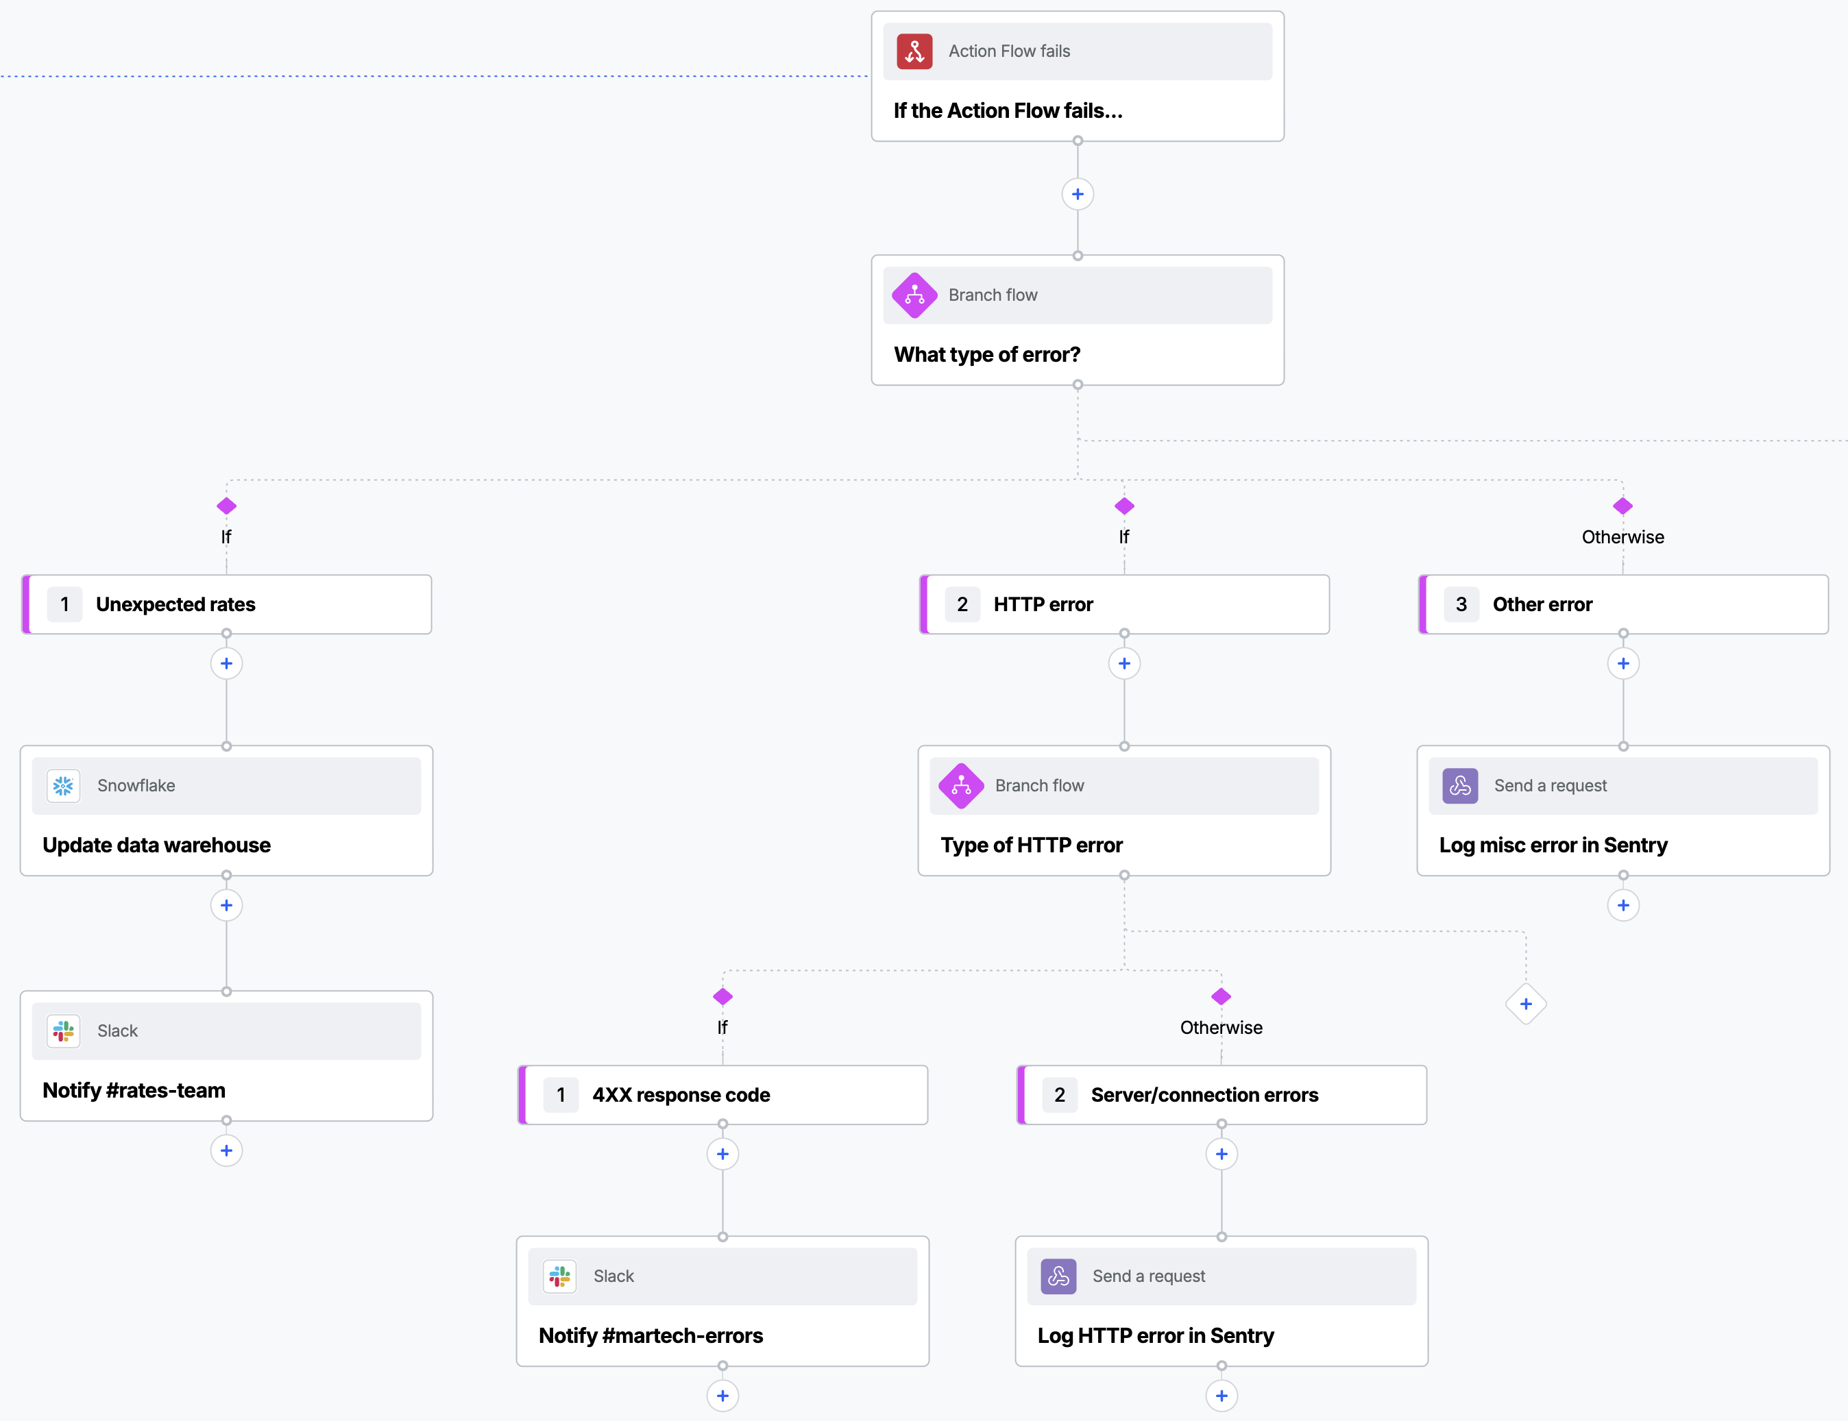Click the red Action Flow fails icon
click(914, 51)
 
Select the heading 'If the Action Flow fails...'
click(1008, 111)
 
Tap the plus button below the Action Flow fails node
click(1077, 195)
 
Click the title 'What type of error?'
click(986, 354)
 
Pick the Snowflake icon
click(64, 786)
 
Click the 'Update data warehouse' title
click(156, 845)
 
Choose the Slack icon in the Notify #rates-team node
click(64, 1031)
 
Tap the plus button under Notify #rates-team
click(226, 1150)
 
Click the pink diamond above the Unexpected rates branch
click(226, 506)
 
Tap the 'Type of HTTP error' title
click(1032, 845)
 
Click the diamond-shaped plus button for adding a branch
click(1526, 1004)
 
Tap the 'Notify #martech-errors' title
click(651, 1335)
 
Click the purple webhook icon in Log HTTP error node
click(1058, 1276)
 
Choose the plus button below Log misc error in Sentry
click(1623, 906)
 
